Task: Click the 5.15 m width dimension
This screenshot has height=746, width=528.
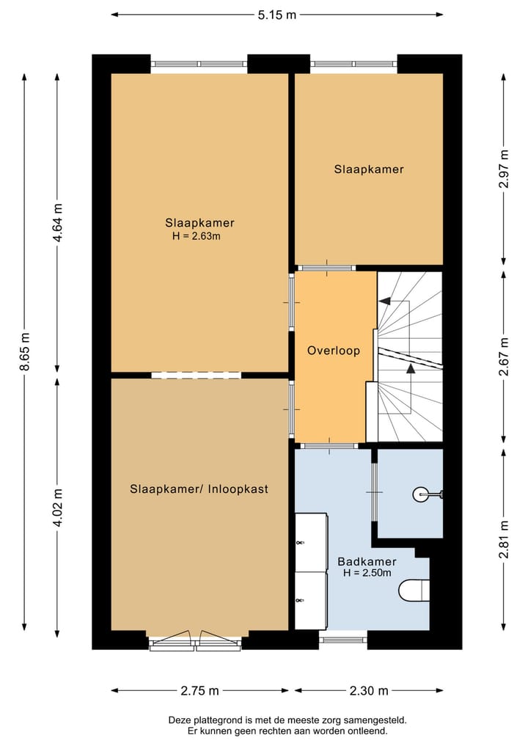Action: click(277, 15)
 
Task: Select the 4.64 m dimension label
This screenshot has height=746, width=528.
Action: click(57, 223)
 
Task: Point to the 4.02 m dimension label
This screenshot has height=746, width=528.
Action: click(57, 508)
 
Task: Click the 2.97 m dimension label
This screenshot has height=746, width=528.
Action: click(504, 169)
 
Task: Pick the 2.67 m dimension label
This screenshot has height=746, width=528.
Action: click(504, 356)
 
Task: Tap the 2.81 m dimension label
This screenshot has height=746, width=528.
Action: click(504, 540)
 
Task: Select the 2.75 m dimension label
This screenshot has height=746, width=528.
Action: click(199, 691)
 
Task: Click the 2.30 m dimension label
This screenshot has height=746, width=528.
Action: click(369, 691)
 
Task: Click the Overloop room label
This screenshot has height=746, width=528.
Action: click(334, 351)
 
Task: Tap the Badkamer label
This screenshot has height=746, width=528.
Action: click(367, 561)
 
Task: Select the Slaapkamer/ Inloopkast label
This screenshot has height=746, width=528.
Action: click(199, 489)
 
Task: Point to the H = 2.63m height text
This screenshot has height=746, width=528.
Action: click(197, 236)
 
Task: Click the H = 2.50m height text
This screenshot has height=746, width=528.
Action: click(367, 573)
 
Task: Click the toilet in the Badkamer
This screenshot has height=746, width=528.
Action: click(414, 590)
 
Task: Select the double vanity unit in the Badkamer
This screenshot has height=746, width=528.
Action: click(311, 571)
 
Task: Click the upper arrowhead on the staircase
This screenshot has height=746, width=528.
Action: click(384, 301)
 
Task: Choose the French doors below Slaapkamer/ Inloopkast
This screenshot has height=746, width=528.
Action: click(195, 640)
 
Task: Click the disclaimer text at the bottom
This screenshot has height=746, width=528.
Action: click(287, 725)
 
